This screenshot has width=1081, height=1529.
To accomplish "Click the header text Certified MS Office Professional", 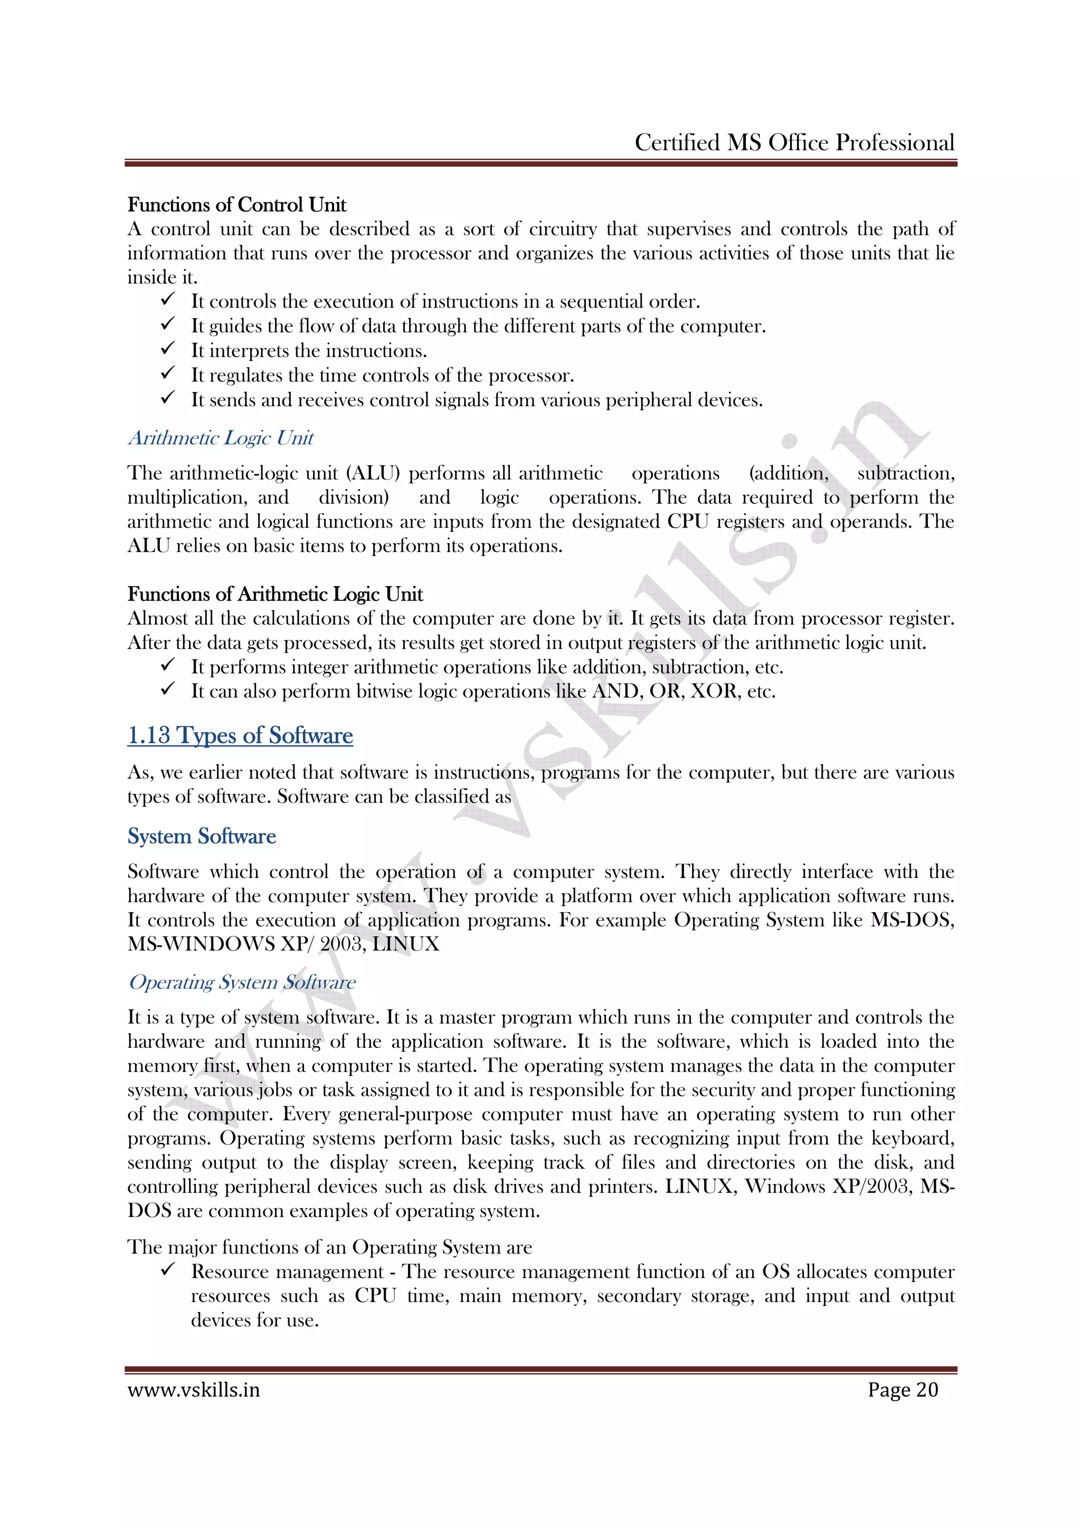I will pos(794,142).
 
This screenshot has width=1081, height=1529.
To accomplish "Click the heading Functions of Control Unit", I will pos(236,204).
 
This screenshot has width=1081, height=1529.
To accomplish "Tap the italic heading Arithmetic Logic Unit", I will pos(221,438).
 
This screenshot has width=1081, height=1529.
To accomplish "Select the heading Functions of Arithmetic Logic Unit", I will pos(275,594).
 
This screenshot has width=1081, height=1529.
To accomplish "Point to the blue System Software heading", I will pos(201,836).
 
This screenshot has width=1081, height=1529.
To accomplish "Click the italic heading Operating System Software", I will pos(242,982).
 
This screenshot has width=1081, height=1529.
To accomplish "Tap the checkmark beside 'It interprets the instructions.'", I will pos(168,349).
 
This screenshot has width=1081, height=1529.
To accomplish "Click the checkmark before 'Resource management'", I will pos(168,1270).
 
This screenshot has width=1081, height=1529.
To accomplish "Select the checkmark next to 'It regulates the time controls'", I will pos(168,374).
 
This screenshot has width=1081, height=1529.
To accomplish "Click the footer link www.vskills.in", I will pos(193,1390).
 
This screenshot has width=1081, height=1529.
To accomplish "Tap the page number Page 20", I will pos(903,1390).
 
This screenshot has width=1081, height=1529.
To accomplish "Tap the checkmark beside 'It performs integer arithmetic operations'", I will pos(168,665).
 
